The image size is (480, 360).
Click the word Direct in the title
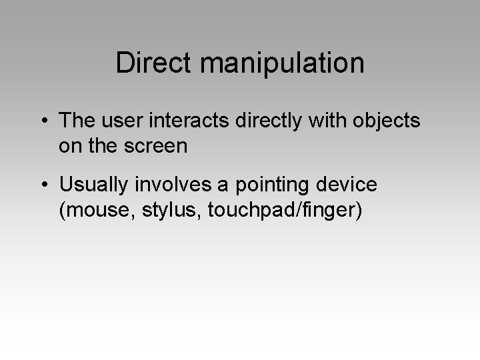[x=152, y=63]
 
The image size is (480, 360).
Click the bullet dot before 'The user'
[x=43, y=121]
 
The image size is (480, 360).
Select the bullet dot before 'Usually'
[x=43, y=183]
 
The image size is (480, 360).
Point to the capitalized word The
[x=77, y=121]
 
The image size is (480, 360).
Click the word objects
[x=389, y=121]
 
